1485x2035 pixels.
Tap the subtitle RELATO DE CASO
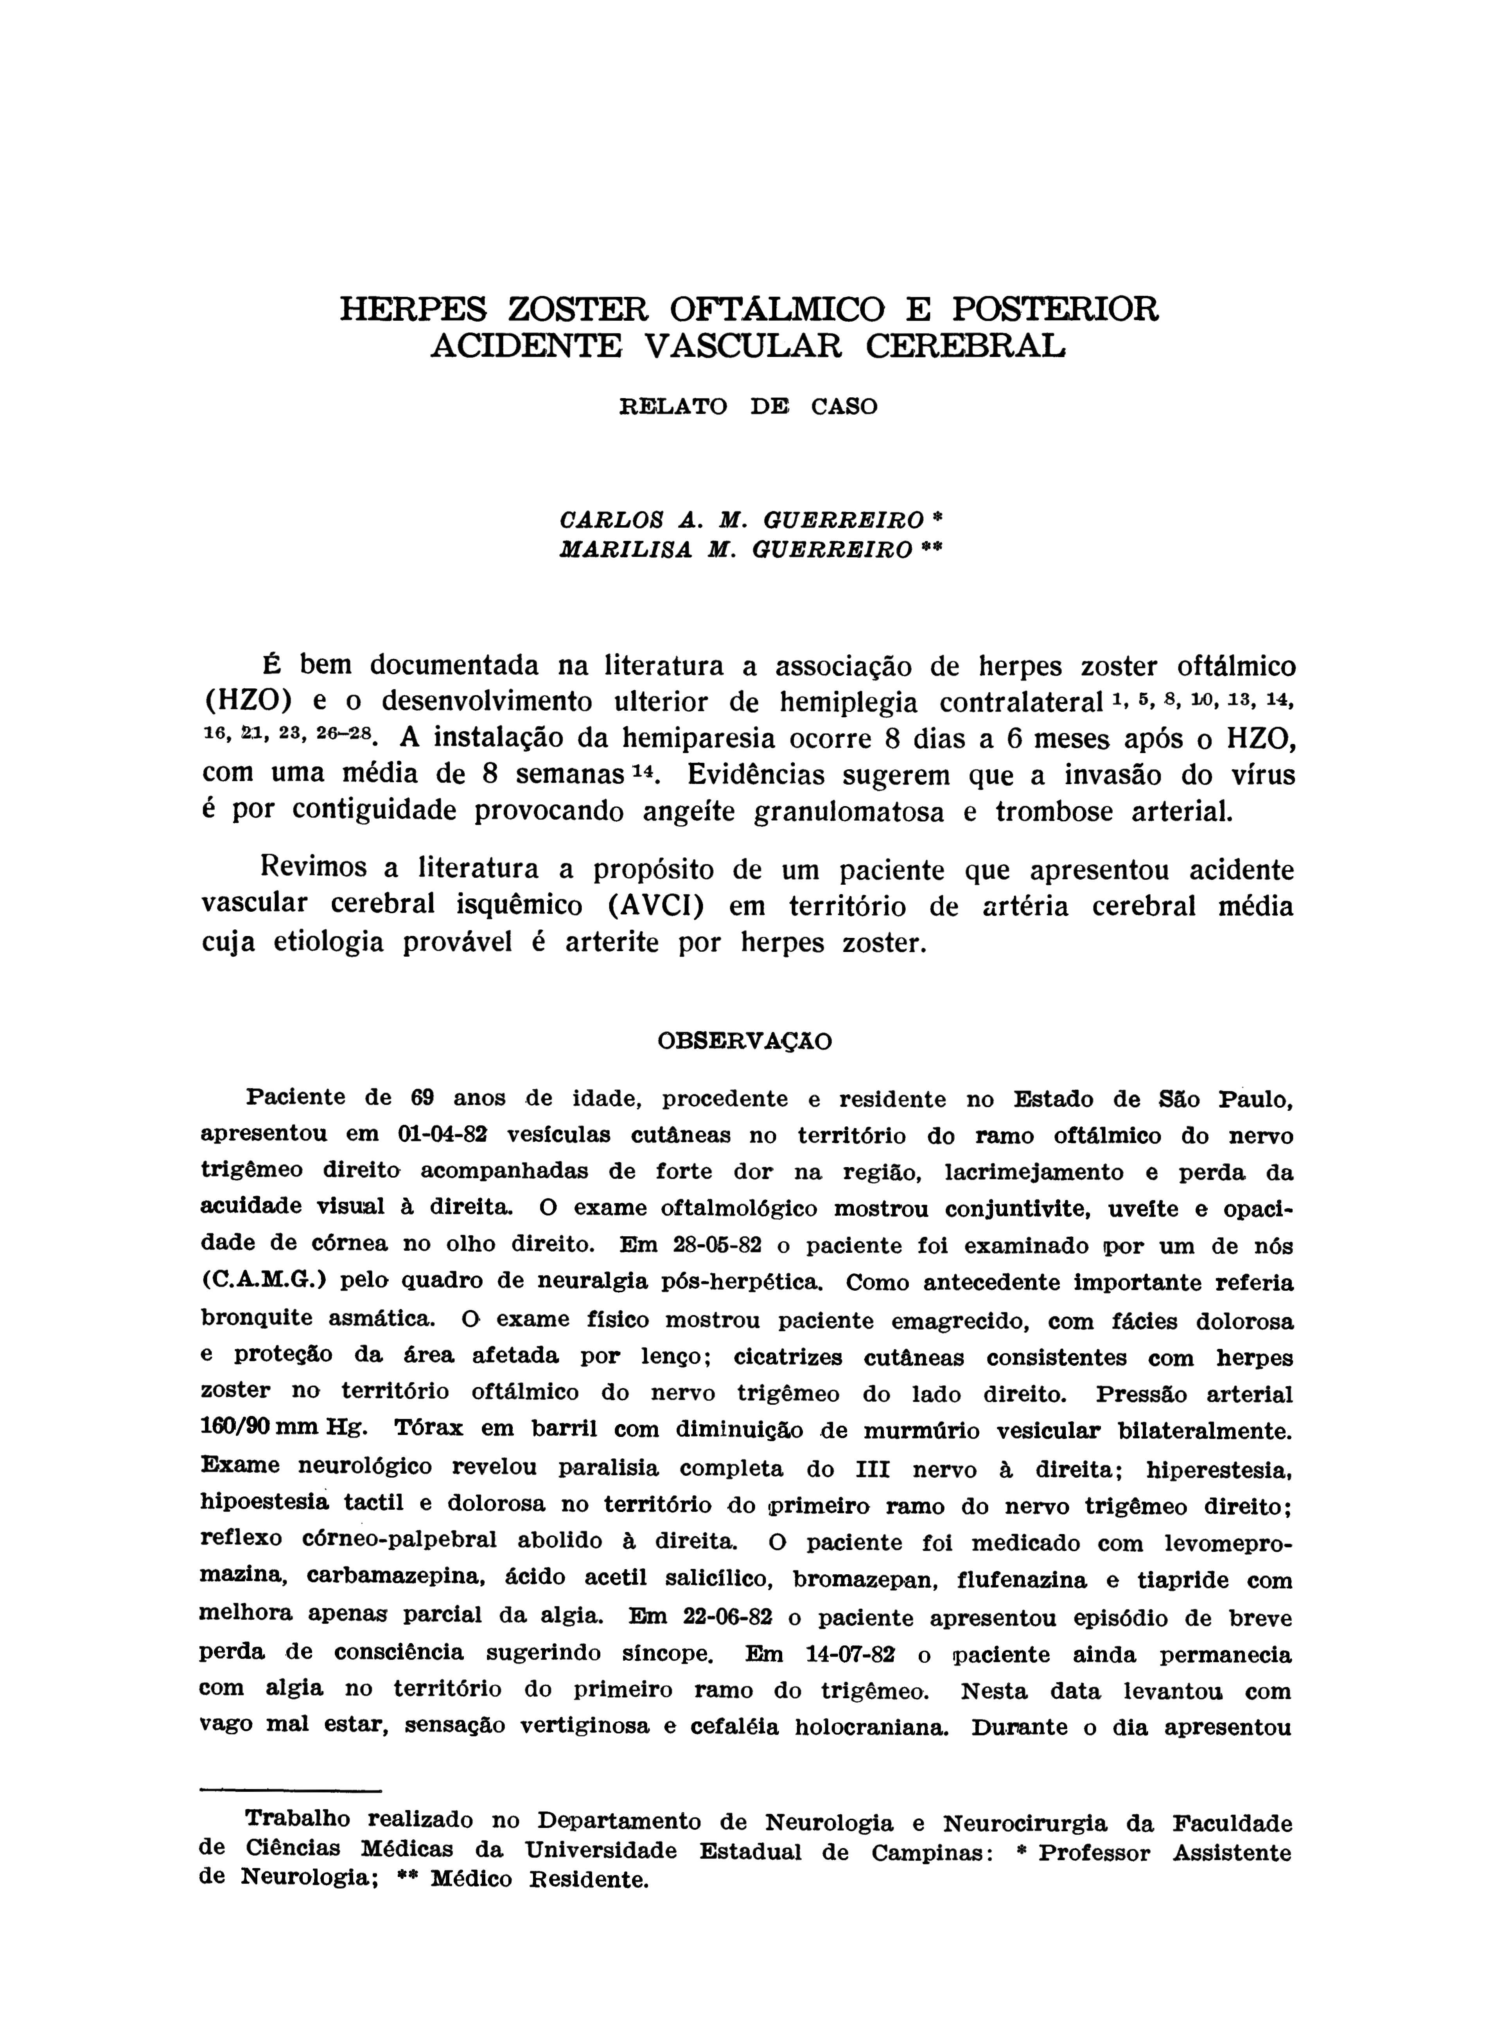pyautogui.click(x=748, y=406)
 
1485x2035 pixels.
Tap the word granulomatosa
pyautogui.click(x=849, y=812)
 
